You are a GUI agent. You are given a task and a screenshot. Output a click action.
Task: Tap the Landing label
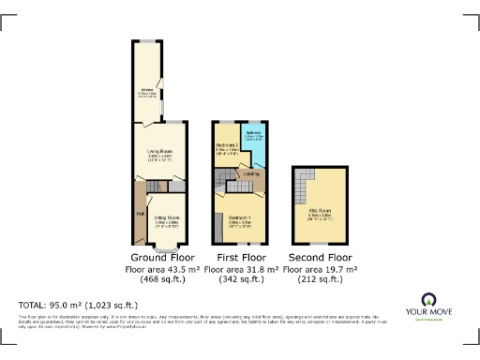[251, 173]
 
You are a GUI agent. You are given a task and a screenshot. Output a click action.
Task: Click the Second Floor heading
[321, 257]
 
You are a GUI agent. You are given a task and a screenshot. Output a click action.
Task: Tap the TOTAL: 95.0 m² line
[78, 305]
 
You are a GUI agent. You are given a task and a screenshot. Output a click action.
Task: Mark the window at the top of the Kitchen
[148, 40]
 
